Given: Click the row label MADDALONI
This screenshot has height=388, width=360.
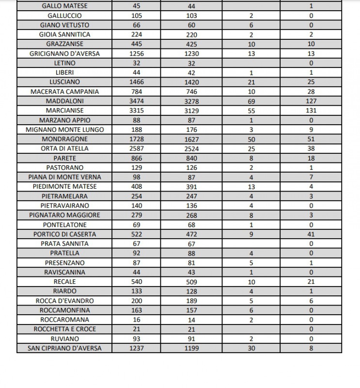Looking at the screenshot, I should click(x=64, y=101).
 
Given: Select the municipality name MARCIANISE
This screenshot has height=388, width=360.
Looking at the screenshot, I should click(x=64, y=111).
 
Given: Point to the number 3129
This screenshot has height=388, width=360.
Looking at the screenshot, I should click(x=191, y=111).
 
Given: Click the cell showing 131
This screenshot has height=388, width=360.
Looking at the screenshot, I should click(x=311, y=111).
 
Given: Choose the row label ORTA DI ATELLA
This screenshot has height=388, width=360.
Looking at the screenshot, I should click(x=64, y=148).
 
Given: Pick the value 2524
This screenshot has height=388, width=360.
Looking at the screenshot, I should click(x=191, y=148).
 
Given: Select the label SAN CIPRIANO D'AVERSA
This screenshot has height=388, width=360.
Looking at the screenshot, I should click(x=64, y=348).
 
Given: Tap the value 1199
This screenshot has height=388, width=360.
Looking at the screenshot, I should click(x=191, y=348).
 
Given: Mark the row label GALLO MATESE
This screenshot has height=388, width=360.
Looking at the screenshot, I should click(x=64, y=6).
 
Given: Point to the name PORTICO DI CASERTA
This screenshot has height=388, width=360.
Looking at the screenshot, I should click(x=64, y=234).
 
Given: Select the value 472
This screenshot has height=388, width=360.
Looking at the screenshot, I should click(x=191, y=234).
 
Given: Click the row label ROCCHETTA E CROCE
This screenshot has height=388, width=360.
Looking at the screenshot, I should click(x=64, y=329).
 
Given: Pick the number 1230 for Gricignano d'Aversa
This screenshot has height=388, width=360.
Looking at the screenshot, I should click(x=191, y=53).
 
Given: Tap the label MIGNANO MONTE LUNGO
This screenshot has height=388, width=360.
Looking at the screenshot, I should click(x=64, y=129).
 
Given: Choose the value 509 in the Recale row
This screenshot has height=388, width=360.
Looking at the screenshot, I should click(x=191, y=281).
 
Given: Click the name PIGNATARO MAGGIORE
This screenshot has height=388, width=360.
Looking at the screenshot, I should click(x=64, y=215).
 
